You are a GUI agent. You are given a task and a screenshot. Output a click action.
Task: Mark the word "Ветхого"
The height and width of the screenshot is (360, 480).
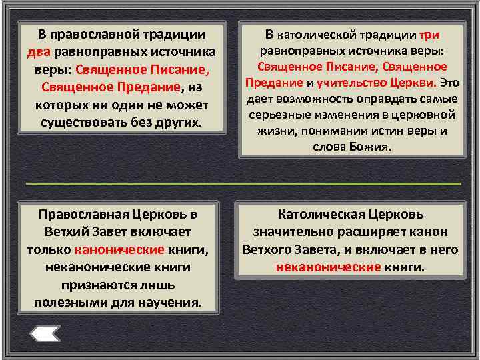click(x=271, y=249)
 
